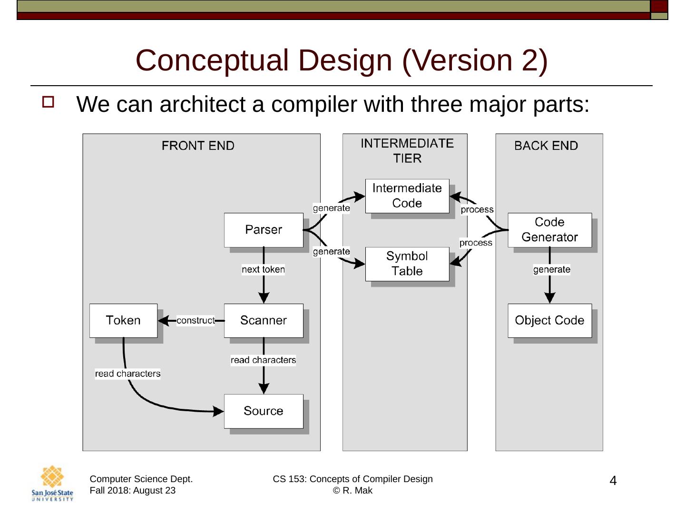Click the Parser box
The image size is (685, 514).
264,230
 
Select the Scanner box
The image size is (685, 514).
264,320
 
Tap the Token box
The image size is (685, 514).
123,320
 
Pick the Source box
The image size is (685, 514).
264,411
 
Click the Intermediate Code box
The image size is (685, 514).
407,196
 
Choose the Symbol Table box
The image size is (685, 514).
407,264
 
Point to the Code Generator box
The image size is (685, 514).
549,230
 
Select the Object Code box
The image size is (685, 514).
549,320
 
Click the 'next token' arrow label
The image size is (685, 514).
263,269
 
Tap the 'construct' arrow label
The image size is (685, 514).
196,320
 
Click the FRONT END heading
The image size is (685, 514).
198,146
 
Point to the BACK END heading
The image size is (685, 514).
546,146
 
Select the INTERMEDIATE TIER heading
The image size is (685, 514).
407,151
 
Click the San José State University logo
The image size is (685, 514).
52,483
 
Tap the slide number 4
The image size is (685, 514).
613,481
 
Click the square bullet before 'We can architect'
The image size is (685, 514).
48,102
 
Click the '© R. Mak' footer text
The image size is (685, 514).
352,491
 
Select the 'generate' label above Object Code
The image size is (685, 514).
552,269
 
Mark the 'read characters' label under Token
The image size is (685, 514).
127,374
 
